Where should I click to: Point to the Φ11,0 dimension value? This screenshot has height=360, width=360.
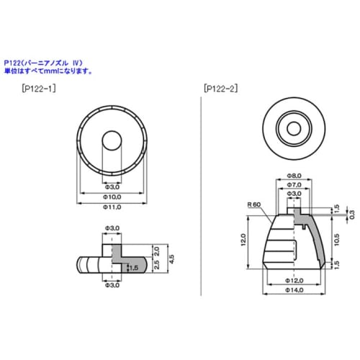coord(112,207)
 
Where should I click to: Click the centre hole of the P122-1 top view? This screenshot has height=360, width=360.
coord(112,138)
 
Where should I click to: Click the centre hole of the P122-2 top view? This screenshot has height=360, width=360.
coord(294,129)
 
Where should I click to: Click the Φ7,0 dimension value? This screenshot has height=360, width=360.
coord(294,185)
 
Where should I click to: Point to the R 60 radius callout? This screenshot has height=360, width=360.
coord(253,204)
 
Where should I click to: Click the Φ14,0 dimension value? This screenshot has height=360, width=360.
coord(294,290)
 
